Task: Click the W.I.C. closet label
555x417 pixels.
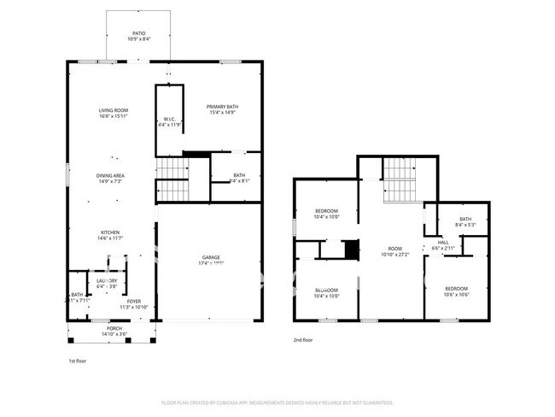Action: tap(169, 119)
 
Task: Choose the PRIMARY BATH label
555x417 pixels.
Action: tap(221, 107)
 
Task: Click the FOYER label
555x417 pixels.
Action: tap(134, 301)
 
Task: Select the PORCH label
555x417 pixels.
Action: tap(114, 328)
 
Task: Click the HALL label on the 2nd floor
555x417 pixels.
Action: tap(444, 242)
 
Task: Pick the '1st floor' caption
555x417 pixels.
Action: tap(79, 360)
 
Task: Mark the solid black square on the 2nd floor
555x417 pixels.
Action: tap(351, 250)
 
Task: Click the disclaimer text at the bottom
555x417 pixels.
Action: tap(277, 402)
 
